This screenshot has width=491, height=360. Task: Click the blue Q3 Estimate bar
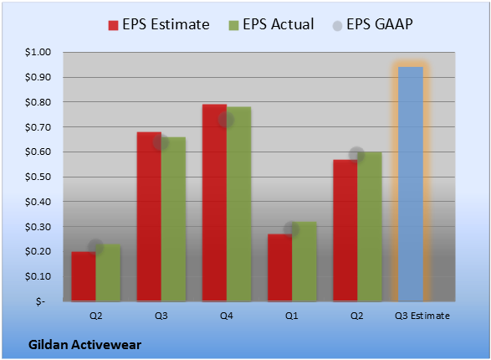pos(411,184)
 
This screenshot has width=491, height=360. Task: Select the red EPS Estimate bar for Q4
pos(214,203)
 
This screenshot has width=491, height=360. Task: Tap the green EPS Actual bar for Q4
pos(239,204)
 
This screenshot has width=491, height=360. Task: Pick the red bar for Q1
pos(280,268)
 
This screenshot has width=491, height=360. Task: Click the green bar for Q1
pos(304,261)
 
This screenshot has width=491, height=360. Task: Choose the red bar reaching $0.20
pos(84,276)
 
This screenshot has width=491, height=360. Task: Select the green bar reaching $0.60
pos(370,227)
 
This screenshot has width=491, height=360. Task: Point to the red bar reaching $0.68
pos(149,217)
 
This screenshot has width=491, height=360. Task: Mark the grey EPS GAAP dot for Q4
pos(226,120)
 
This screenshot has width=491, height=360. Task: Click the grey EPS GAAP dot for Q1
pos(292,229)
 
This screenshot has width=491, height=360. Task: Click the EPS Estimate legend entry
pos(159,24)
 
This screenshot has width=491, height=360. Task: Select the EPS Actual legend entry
pos(271,24)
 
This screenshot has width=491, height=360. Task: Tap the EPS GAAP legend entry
pos(372,24)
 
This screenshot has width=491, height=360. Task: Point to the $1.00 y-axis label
pos(38,52)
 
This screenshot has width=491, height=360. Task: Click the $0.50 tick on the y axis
pos(38,177)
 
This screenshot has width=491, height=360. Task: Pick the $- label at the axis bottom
pos(40,301)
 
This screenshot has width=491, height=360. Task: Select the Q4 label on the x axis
pos(227,316)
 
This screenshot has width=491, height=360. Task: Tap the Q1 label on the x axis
pos(292,316)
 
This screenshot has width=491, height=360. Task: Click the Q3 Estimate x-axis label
pos(422,316)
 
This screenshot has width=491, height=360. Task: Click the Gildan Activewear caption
pos(84,345)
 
